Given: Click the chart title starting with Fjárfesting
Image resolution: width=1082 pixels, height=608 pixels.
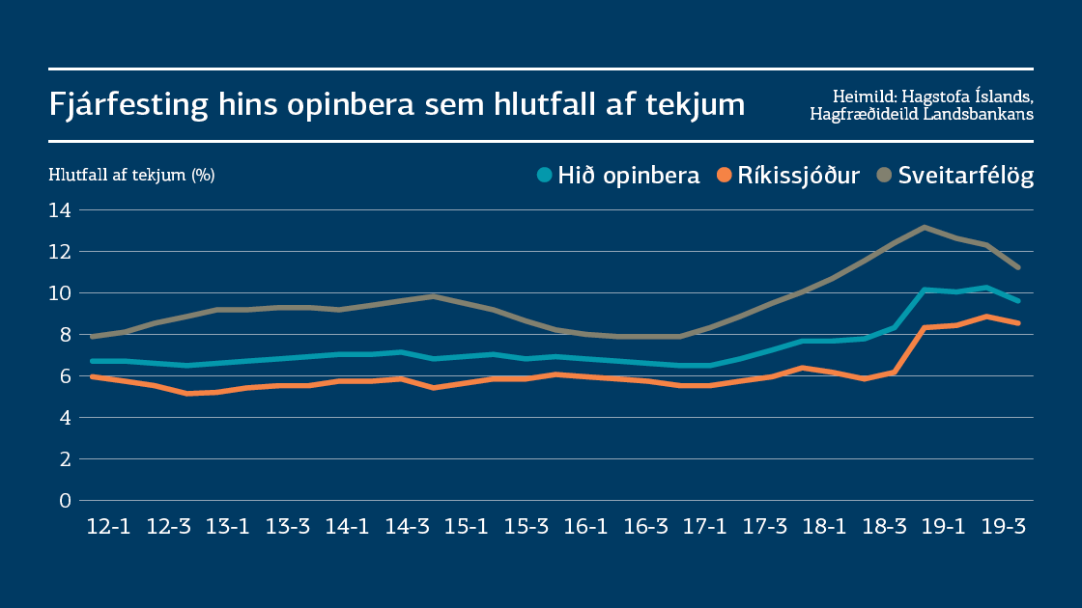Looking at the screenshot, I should point(397,104).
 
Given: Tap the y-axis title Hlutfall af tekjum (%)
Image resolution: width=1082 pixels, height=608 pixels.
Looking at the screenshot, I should point(131,175).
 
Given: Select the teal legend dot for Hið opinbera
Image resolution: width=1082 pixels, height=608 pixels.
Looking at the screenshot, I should point(544,176).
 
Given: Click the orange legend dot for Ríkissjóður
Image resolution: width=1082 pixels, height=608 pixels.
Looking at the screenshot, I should point(724,176).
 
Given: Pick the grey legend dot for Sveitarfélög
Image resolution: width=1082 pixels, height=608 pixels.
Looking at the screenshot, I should point(884,176).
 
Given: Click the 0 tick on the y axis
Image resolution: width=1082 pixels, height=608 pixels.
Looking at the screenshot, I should point(66,500).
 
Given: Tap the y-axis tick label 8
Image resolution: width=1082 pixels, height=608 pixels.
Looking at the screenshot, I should point(66,334).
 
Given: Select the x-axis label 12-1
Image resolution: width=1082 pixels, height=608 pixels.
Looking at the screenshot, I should point(108,527).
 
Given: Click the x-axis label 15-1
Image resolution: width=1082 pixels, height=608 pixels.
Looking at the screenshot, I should point(467,527).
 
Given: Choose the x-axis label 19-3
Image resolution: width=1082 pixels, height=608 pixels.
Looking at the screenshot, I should point(1003,527).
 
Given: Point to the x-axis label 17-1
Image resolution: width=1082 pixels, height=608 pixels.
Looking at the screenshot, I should point(705,527).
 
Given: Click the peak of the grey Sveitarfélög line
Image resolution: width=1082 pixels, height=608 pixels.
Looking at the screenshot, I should point(925,227).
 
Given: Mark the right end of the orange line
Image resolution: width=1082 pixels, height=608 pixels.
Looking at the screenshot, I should point(1017,323).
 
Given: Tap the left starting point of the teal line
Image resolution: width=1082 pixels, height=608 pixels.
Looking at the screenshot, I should point(92,361).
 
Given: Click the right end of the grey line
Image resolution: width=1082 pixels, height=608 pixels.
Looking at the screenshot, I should point(1017,267).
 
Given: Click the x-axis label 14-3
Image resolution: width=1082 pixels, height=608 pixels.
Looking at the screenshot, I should point(407,527).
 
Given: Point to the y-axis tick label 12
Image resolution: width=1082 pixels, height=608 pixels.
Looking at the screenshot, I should point(60,251).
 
